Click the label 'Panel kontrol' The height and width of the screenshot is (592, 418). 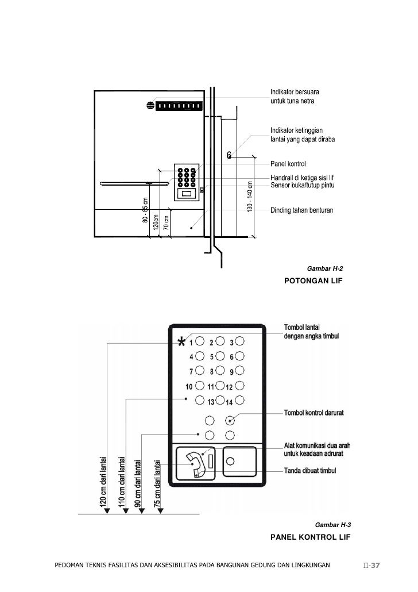point(288,164)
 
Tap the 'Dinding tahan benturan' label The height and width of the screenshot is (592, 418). point(301,210)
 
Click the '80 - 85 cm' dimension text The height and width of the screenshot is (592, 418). point(145,210)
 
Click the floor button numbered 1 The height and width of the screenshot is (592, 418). point(200,342)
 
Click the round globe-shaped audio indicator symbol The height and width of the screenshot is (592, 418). point(150,105)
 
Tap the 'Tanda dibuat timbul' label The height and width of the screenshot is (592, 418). point(311,471)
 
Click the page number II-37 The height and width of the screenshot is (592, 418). point(371,566)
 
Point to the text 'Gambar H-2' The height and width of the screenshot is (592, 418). point(326,268)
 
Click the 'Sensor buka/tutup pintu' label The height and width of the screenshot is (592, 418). point(302,184)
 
